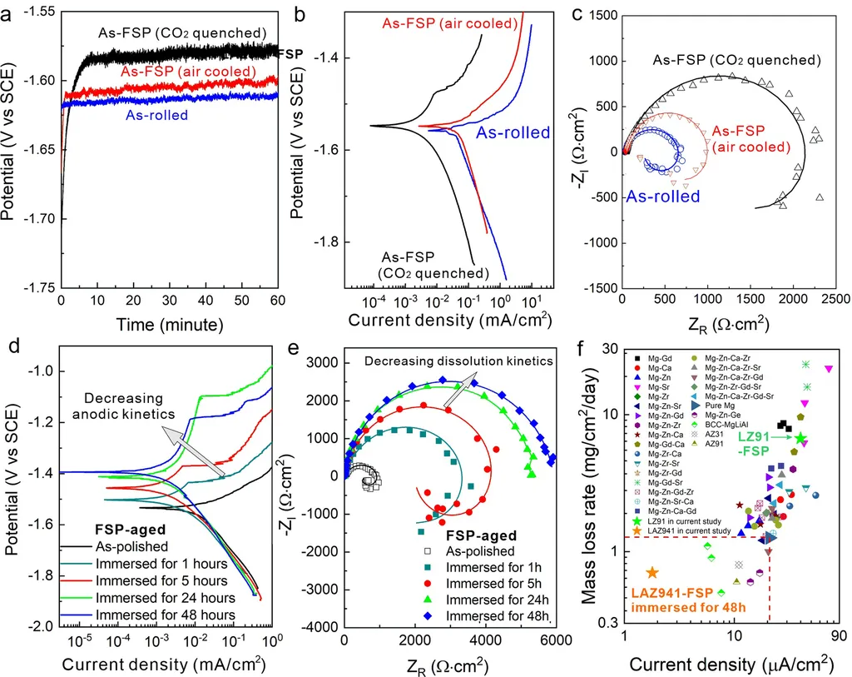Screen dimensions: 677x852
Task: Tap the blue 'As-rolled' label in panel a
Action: [156, 116]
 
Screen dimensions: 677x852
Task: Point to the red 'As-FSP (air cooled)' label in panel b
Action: [449, 23]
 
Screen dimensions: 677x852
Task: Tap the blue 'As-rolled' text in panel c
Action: [661, 197]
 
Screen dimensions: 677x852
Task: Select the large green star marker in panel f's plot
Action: [800, 438]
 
